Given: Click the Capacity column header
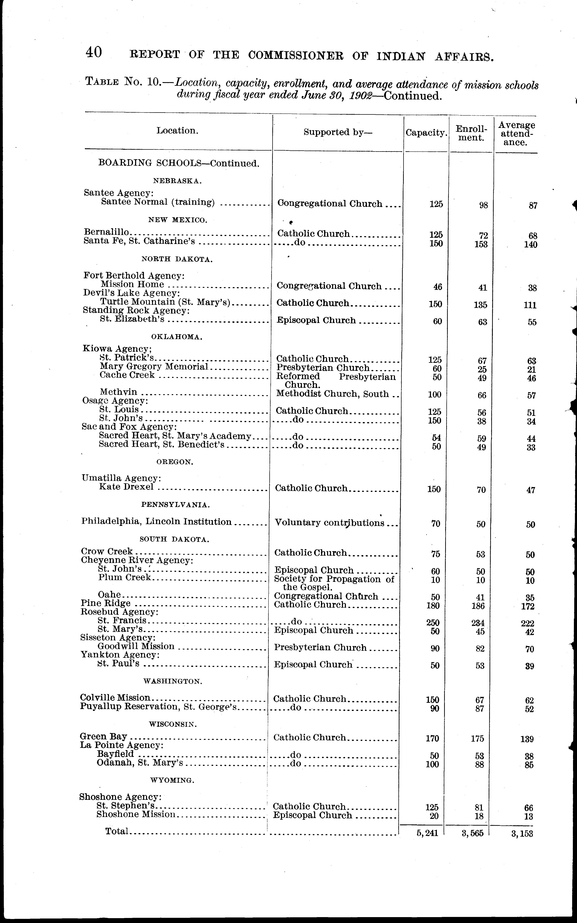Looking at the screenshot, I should point(426,133).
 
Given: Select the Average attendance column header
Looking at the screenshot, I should point(517,134).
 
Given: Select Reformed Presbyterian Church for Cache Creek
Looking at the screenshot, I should point(336,380).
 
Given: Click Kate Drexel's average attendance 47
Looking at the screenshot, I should point(531,490).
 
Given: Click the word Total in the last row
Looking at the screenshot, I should point(117,831).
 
